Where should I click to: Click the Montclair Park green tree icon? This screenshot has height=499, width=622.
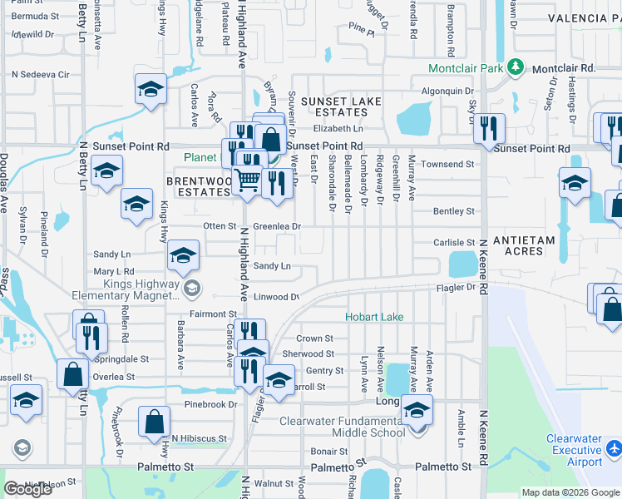(x=516, y=67)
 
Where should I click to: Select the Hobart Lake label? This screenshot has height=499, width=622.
(x=373, y=317)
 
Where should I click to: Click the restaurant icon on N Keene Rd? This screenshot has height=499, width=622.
(x=488, y=128)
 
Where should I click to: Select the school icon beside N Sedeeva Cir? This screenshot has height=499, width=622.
(x=151, y=89)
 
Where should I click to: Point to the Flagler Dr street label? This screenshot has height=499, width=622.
(x=457, y=288)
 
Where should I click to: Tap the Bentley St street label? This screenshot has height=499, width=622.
(x=453, y=212)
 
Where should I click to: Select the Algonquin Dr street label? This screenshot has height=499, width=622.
(x=448, y=91)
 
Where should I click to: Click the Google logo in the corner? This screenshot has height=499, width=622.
(x=28, y=489)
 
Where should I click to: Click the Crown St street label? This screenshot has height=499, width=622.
(x=315, y=338)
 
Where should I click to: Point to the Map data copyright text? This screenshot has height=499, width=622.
(x=570, y=492)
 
